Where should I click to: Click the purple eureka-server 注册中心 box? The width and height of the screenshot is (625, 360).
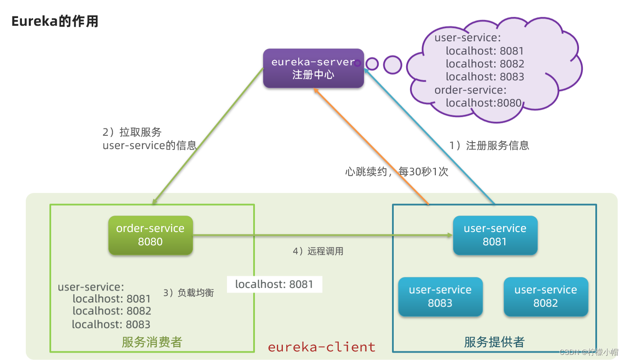[313, 68]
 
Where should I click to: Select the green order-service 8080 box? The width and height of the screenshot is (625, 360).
[150, 235]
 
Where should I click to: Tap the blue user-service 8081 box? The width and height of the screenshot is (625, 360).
[495, 235]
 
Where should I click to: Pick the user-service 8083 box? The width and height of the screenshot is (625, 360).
[440, 296]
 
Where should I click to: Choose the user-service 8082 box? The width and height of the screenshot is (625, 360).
[545, 296]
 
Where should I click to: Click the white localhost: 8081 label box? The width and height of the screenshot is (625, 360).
[274, 284]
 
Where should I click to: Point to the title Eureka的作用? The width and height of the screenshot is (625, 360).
[55, 21]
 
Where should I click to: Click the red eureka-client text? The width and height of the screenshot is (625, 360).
[322, 347]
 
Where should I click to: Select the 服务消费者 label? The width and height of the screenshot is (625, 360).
[152, 342]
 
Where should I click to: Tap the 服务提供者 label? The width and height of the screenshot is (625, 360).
[494, 342]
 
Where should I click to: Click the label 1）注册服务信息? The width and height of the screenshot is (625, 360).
[489, 146]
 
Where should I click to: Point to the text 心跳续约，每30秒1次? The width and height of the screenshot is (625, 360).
[396, 172]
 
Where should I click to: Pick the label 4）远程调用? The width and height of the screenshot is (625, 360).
[318, 251]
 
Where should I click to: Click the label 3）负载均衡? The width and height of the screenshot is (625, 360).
[188, 293]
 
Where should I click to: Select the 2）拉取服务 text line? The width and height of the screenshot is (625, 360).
[132, 132]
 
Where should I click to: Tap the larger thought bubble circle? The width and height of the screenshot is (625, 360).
[392, 64]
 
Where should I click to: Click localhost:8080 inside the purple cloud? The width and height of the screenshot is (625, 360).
[483, 103]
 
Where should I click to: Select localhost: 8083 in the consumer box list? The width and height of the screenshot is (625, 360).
[111, 324]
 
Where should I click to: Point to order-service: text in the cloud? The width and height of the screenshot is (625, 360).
[470, 90]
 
